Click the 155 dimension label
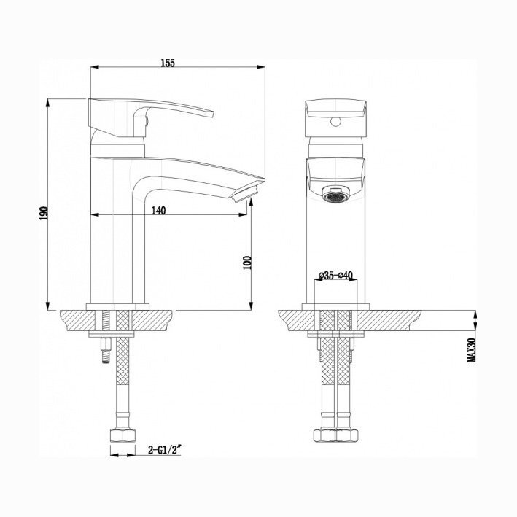click(x=168, y=63)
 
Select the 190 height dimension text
click(x=44, y=214)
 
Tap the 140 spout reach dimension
click(x=158, y=210)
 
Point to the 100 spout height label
click(x=247, y=263)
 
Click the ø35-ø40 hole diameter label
click(x=336, y=275)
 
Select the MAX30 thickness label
click(x=472, y=350)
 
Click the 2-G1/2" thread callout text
click(x=166, y=450)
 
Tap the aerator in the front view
click(x=336, y=195)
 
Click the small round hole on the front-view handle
click(x=336, y=123)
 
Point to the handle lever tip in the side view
click(x=211, y=114)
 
